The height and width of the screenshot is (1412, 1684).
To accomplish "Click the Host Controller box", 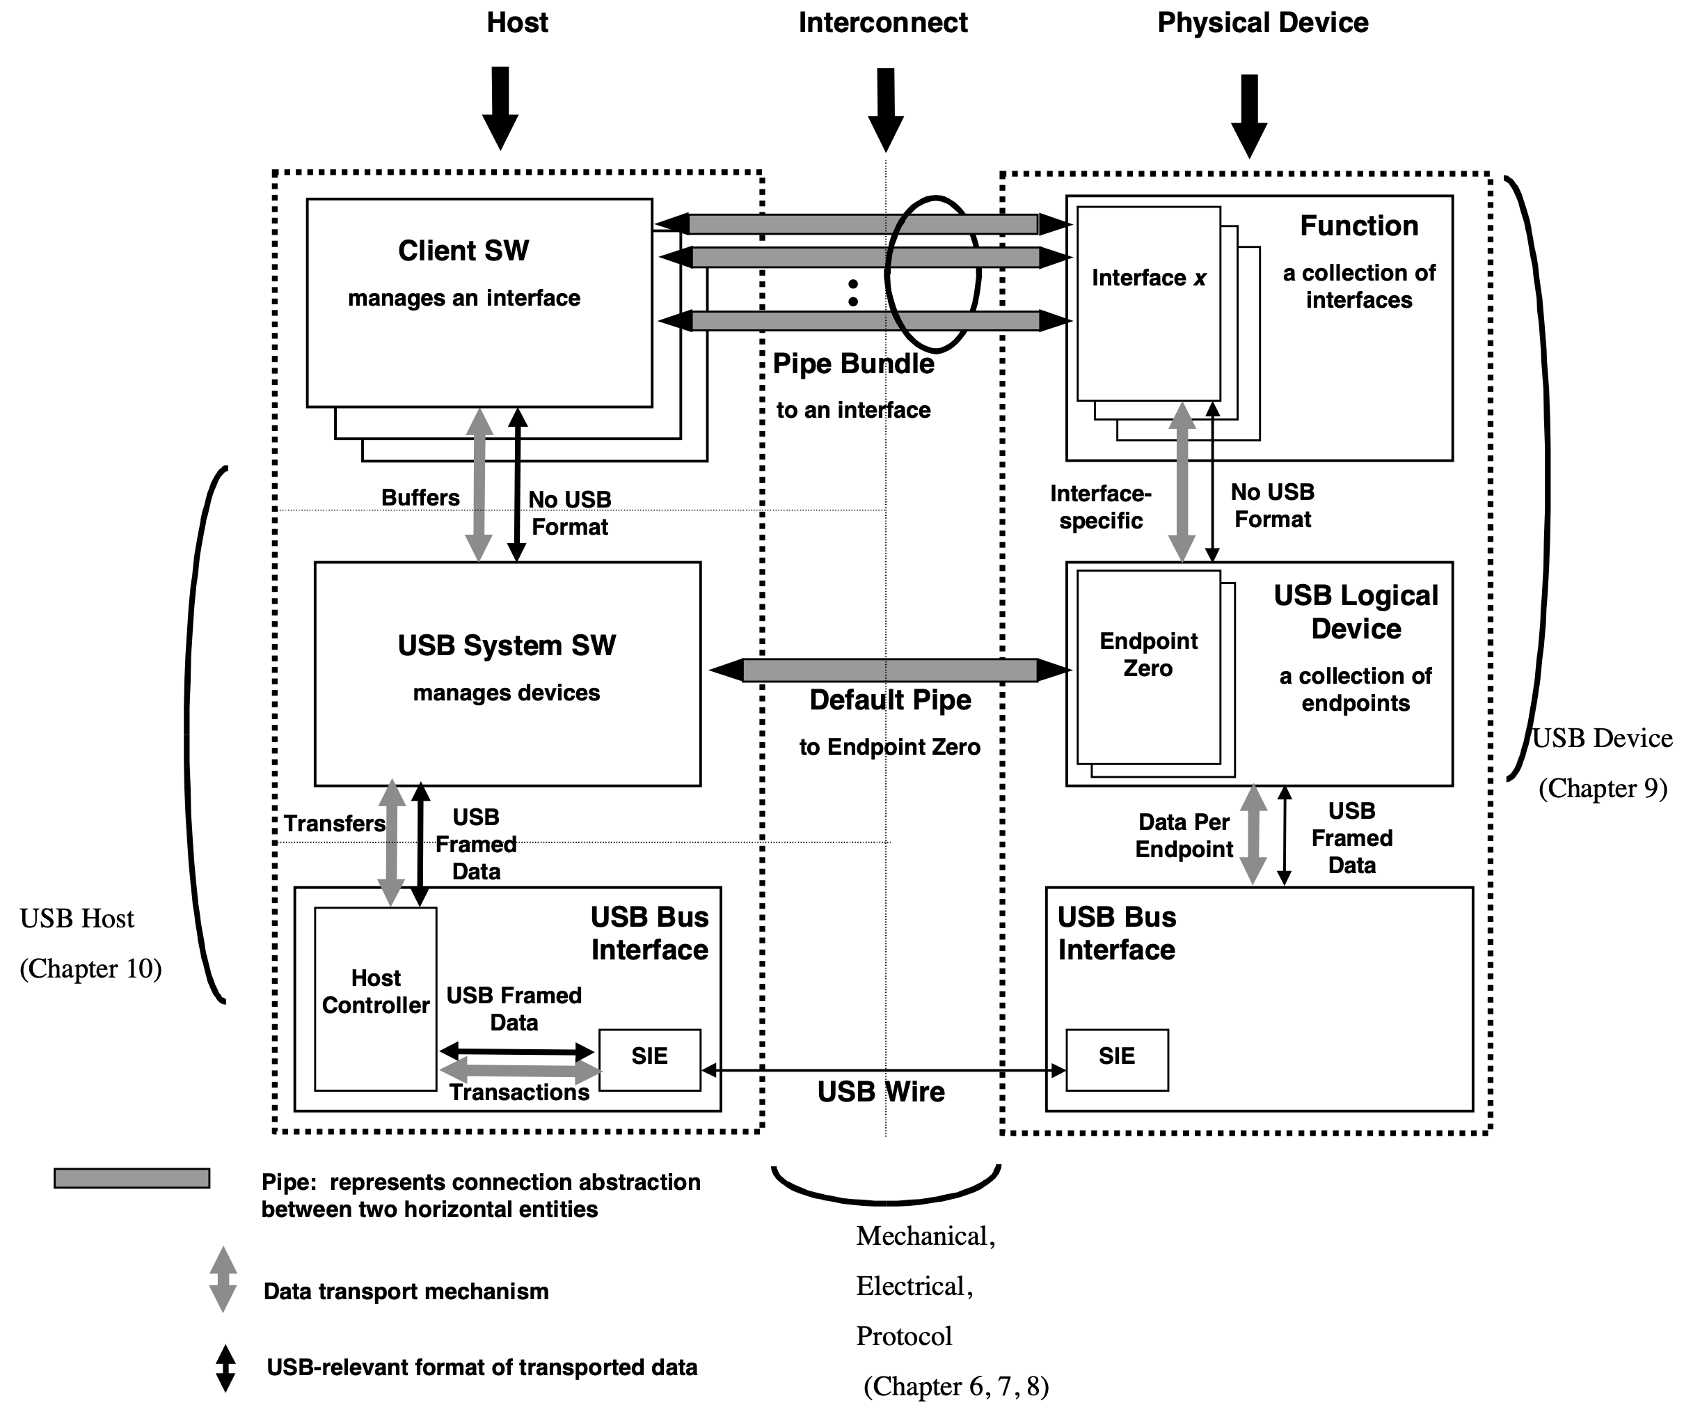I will click(x=375, y=999).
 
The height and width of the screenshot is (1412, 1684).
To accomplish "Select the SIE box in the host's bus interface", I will click(x=649, y=1059).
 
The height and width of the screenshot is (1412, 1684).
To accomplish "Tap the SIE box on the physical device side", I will click(x=1116, y=1059).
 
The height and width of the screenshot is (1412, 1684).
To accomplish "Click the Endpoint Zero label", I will click(x=1148, y=654).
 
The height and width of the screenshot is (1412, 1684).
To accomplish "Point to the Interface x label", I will click(x=1148, y=279).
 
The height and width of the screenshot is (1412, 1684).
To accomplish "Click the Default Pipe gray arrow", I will click(x=890, y=670).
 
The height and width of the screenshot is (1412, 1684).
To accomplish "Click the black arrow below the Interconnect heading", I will click(x=885, y=109).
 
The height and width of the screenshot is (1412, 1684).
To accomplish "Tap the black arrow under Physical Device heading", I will click(x=1248, y=116).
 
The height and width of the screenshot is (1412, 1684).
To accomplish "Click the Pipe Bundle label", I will click(x=853, y=364).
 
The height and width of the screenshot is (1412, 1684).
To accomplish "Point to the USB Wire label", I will click(x=880, y=1092).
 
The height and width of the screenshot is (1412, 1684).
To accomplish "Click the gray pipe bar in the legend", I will click(x=132, y=1178).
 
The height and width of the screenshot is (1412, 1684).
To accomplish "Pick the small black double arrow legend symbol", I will click(x=225, y=1368).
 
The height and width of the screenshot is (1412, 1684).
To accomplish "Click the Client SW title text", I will click(x=463, y=251).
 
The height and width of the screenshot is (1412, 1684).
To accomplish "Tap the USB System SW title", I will click(x=507, y=646).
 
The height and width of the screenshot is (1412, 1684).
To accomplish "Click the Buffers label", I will click(x=420, y=499).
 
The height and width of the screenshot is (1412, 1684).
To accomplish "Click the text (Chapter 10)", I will click(x=90, y=969).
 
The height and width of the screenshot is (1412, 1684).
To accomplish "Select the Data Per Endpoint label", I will click(x=1184, y=836).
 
